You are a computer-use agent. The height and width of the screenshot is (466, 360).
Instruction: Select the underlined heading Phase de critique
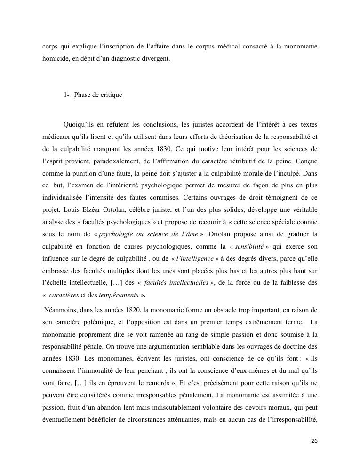[98, 95]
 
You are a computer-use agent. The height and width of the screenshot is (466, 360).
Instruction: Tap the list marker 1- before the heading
[66, 95]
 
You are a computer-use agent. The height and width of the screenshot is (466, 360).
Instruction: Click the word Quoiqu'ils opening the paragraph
[80, 125]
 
